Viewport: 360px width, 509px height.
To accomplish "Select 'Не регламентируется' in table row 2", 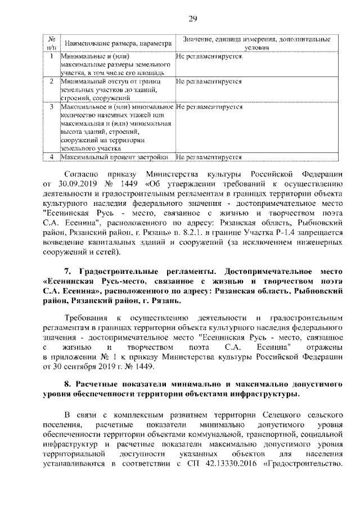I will [209, 82].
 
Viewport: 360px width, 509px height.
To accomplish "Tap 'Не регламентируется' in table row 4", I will [209, 157].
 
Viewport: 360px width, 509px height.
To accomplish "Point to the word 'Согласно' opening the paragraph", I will [85, 173].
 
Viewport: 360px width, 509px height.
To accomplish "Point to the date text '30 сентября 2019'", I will [84, 367].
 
